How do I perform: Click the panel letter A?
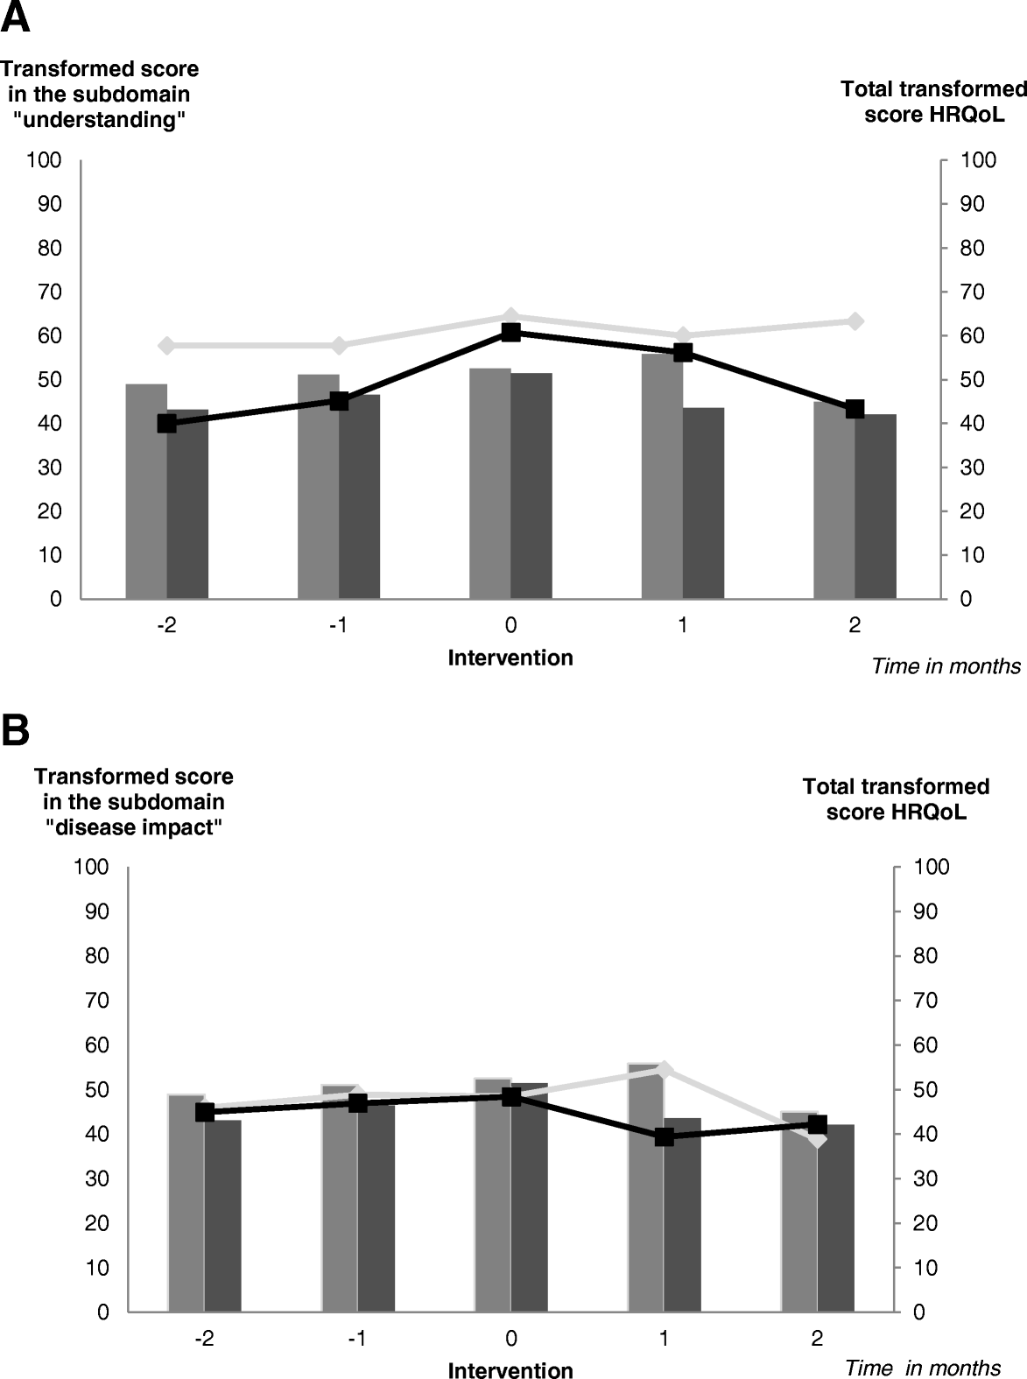click(x=16, y=18)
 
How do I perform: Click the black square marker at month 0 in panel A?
click(x=511, y=332)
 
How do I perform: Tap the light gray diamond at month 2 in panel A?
click(x=855, y=321)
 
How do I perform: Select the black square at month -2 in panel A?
click(x=167, y=423)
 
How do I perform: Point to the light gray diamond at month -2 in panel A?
click(x=167, y=346)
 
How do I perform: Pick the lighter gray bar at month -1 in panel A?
click(x=319, y=487)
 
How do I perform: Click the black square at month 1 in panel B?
click(x=665, y=1136)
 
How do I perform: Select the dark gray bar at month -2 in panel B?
click(x=222, y=1217)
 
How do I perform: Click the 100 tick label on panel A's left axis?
click(x=45, y=160)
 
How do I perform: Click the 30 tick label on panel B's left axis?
click(x=97, y=1178)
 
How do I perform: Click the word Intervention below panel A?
click(x=510, y=658)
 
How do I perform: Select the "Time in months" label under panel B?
click(x=923, y=1368)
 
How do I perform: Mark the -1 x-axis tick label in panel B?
click(x=357, y=1339)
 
